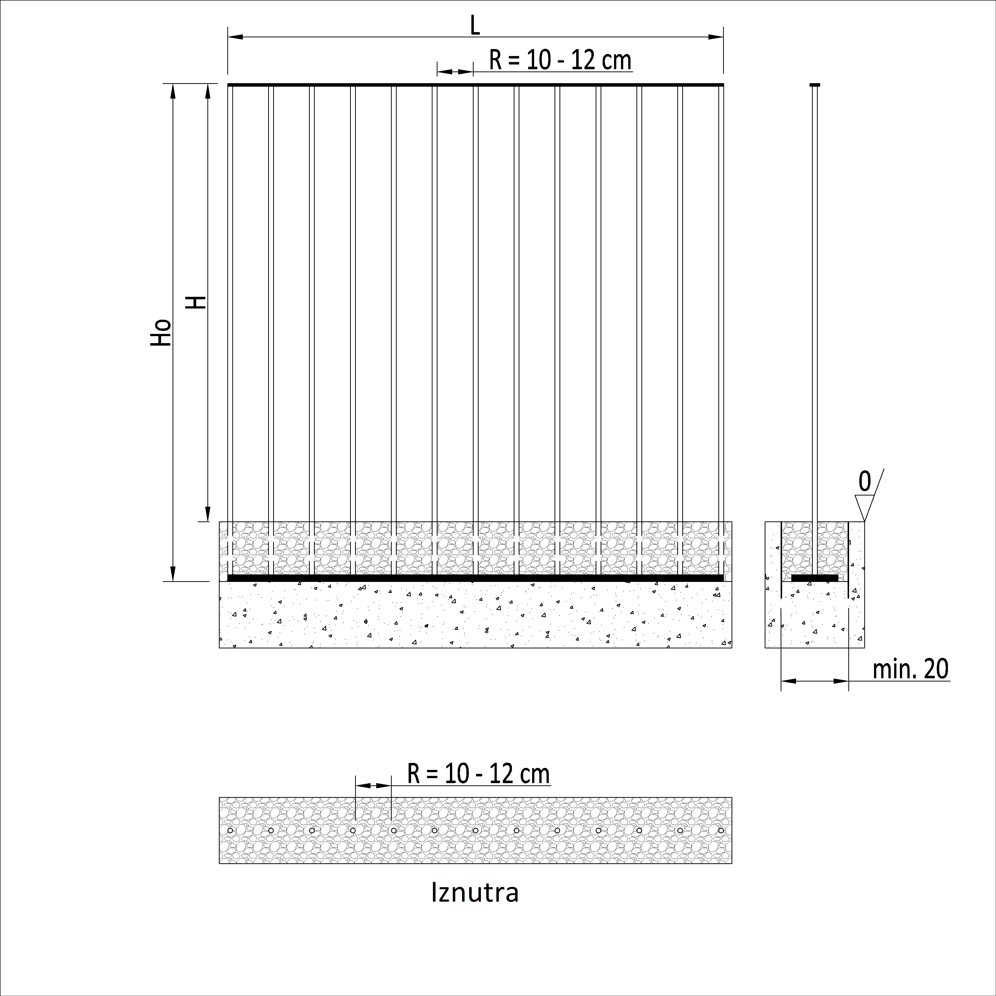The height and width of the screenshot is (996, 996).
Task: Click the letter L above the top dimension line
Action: pyautogui.click(x=475, y=26)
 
